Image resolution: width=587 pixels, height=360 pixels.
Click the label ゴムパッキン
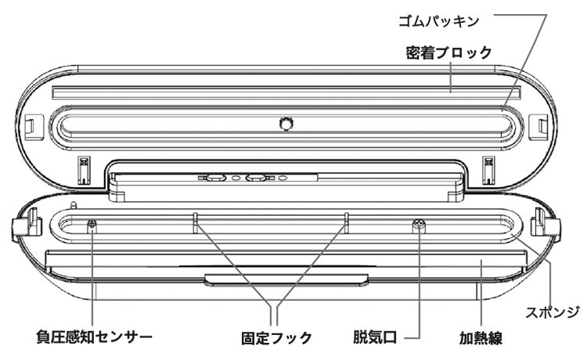[438, 21]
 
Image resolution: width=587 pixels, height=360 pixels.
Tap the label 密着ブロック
[448, 52]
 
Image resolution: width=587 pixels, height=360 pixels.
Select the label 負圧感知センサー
[94, 337]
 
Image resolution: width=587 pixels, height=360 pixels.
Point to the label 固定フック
[276, 338]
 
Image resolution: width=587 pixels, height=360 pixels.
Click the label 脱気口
[375, 337]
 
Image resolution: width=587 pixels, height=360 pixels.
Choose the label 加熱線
[481, 338]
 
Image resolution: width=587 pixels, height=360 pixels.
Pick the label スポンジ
[553, 311]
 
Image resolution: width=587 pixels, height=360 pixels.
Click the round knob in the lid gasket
[286, 123]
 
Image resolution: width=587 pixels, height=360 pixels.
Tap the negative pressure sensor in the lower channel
[92, 225]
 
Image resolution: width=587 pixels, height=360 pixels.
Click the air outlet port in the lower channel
[420, 225]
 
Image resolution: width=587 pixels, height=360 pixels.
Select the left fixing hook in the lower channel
[195, 223]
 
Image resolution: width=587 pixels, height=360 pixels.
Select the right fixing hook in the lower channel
[346, 223]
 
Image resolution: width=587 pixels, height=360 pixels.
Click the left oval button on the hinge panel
[215, 178]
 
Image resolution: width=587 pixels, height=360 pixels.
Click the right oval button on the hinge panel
[255, 178]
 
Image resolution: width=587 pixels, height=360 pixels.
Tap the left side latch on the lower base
[27, 223]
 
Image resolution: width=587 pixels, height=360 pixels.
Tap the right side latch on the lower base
[546, 223]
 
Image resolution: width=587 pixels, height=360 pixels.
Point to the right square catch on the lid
[539, 126]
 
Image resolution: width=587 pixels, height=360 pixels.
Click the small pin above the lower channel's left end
[74, 206]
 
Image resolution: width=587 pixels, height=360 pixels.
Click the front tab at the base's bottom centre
[286, 280]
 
